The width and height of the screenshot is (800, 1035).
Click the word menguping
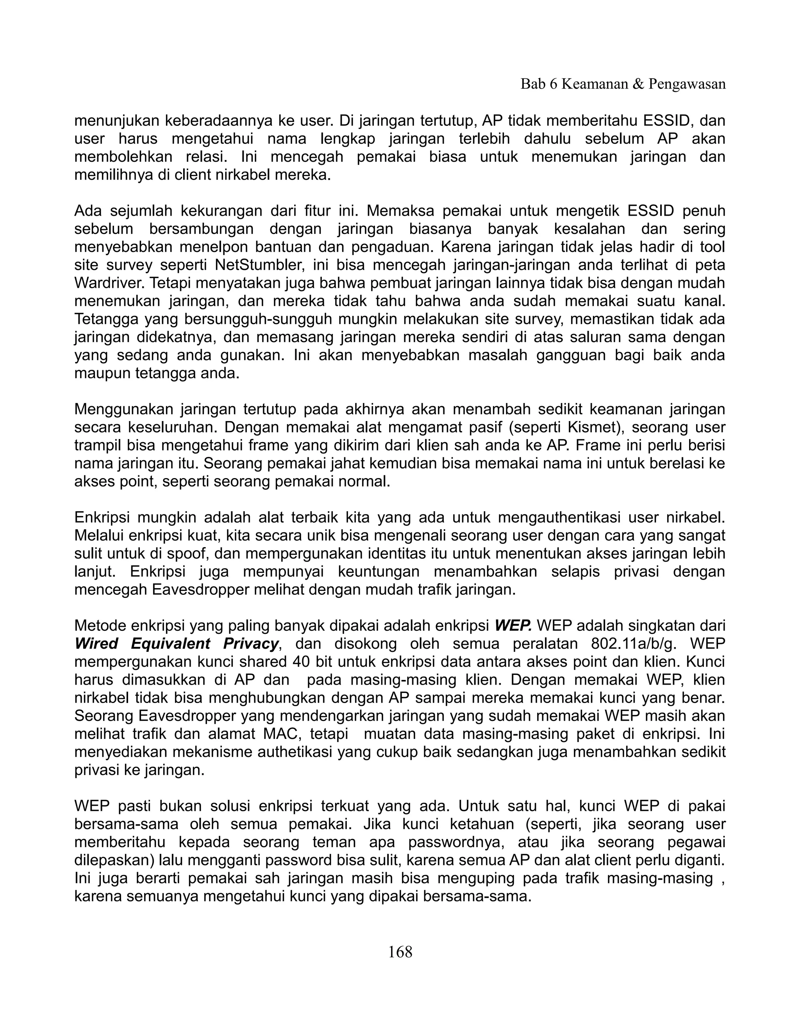pyautogui.click(x=474, y=879)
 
